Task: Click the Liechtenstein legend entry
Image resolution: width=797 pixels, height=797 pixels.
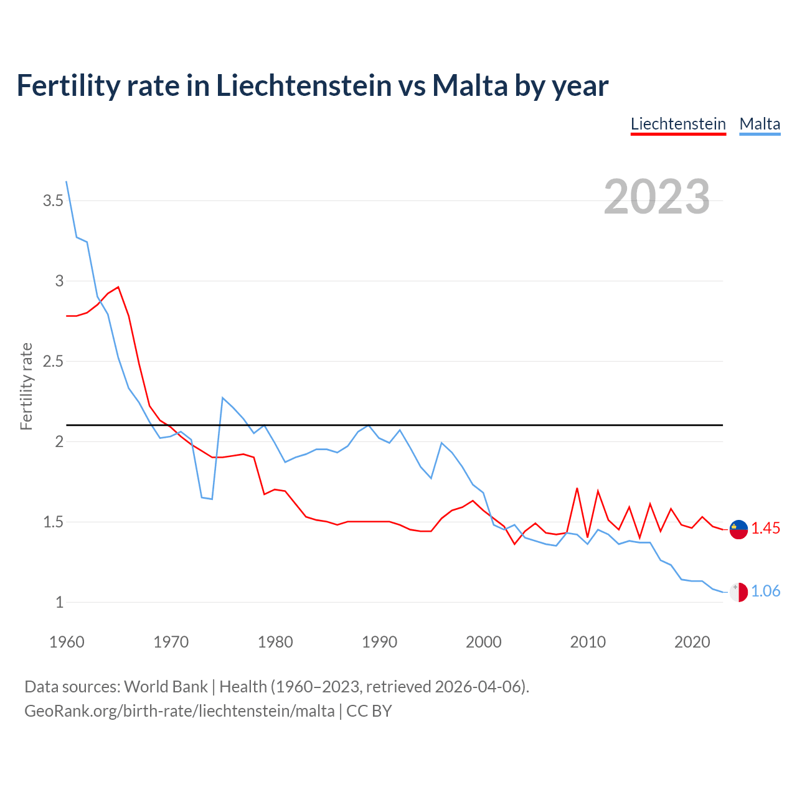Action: click(x=678, y=124)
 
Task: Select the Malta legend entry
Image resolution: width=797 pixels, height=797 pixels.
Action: click(x=760, y=124)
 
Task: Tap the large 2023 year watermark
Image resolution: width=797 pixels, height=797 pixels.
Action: click(x=657, y=197)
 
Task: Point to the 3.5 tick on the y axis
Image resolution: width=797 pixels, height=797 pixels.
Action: click(x=53, y=200)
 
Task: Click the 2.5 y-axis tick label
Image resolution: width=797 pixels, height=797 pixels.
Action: click(x=53, y=361)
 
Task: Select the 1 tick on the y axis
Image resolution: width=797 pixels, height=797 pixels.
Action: click(x=59, y=602)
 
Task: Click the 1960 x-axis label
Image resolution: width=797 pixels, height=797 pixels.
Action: click(x=67, y=642)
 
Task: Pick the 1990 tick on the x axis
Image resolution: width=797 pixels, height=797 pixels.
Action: click(x=379, y=642)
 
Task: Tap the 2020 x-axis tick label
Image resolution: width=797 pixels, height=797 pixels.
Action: click(x=692, y=642)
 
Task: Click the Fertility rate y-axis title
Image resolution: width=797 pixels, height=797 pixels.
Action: click(x=26, y=386)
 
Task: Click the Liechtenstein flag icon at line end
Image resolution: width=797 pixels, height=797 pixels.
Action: click(x=738, y=529)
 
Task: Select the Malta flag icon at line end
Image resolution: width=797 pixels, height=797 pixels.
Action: click(x=738, y=592)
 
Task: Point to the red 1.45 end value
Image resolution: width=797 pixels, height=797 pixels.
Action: click(x=765, y=529)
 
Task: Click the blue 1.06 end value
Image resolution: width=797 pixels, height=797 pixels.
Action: click(x=765, y=592)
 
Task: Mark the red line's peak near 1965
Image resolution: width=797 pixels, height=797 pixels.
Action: click(x=118, y=287)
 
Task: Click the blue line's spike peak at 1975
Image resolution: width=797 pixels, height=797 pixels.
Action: click(x=223, y=398)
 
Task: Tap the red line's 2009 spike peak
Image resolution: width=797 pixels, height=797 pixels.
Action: click(x=577, y=488)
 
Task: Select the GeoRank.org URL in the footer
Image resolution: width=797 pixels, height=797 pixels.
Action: click(x=179, y=711)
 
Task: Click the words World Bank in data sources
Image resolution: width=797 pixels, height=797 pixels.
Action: click(x=166, y=687)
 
